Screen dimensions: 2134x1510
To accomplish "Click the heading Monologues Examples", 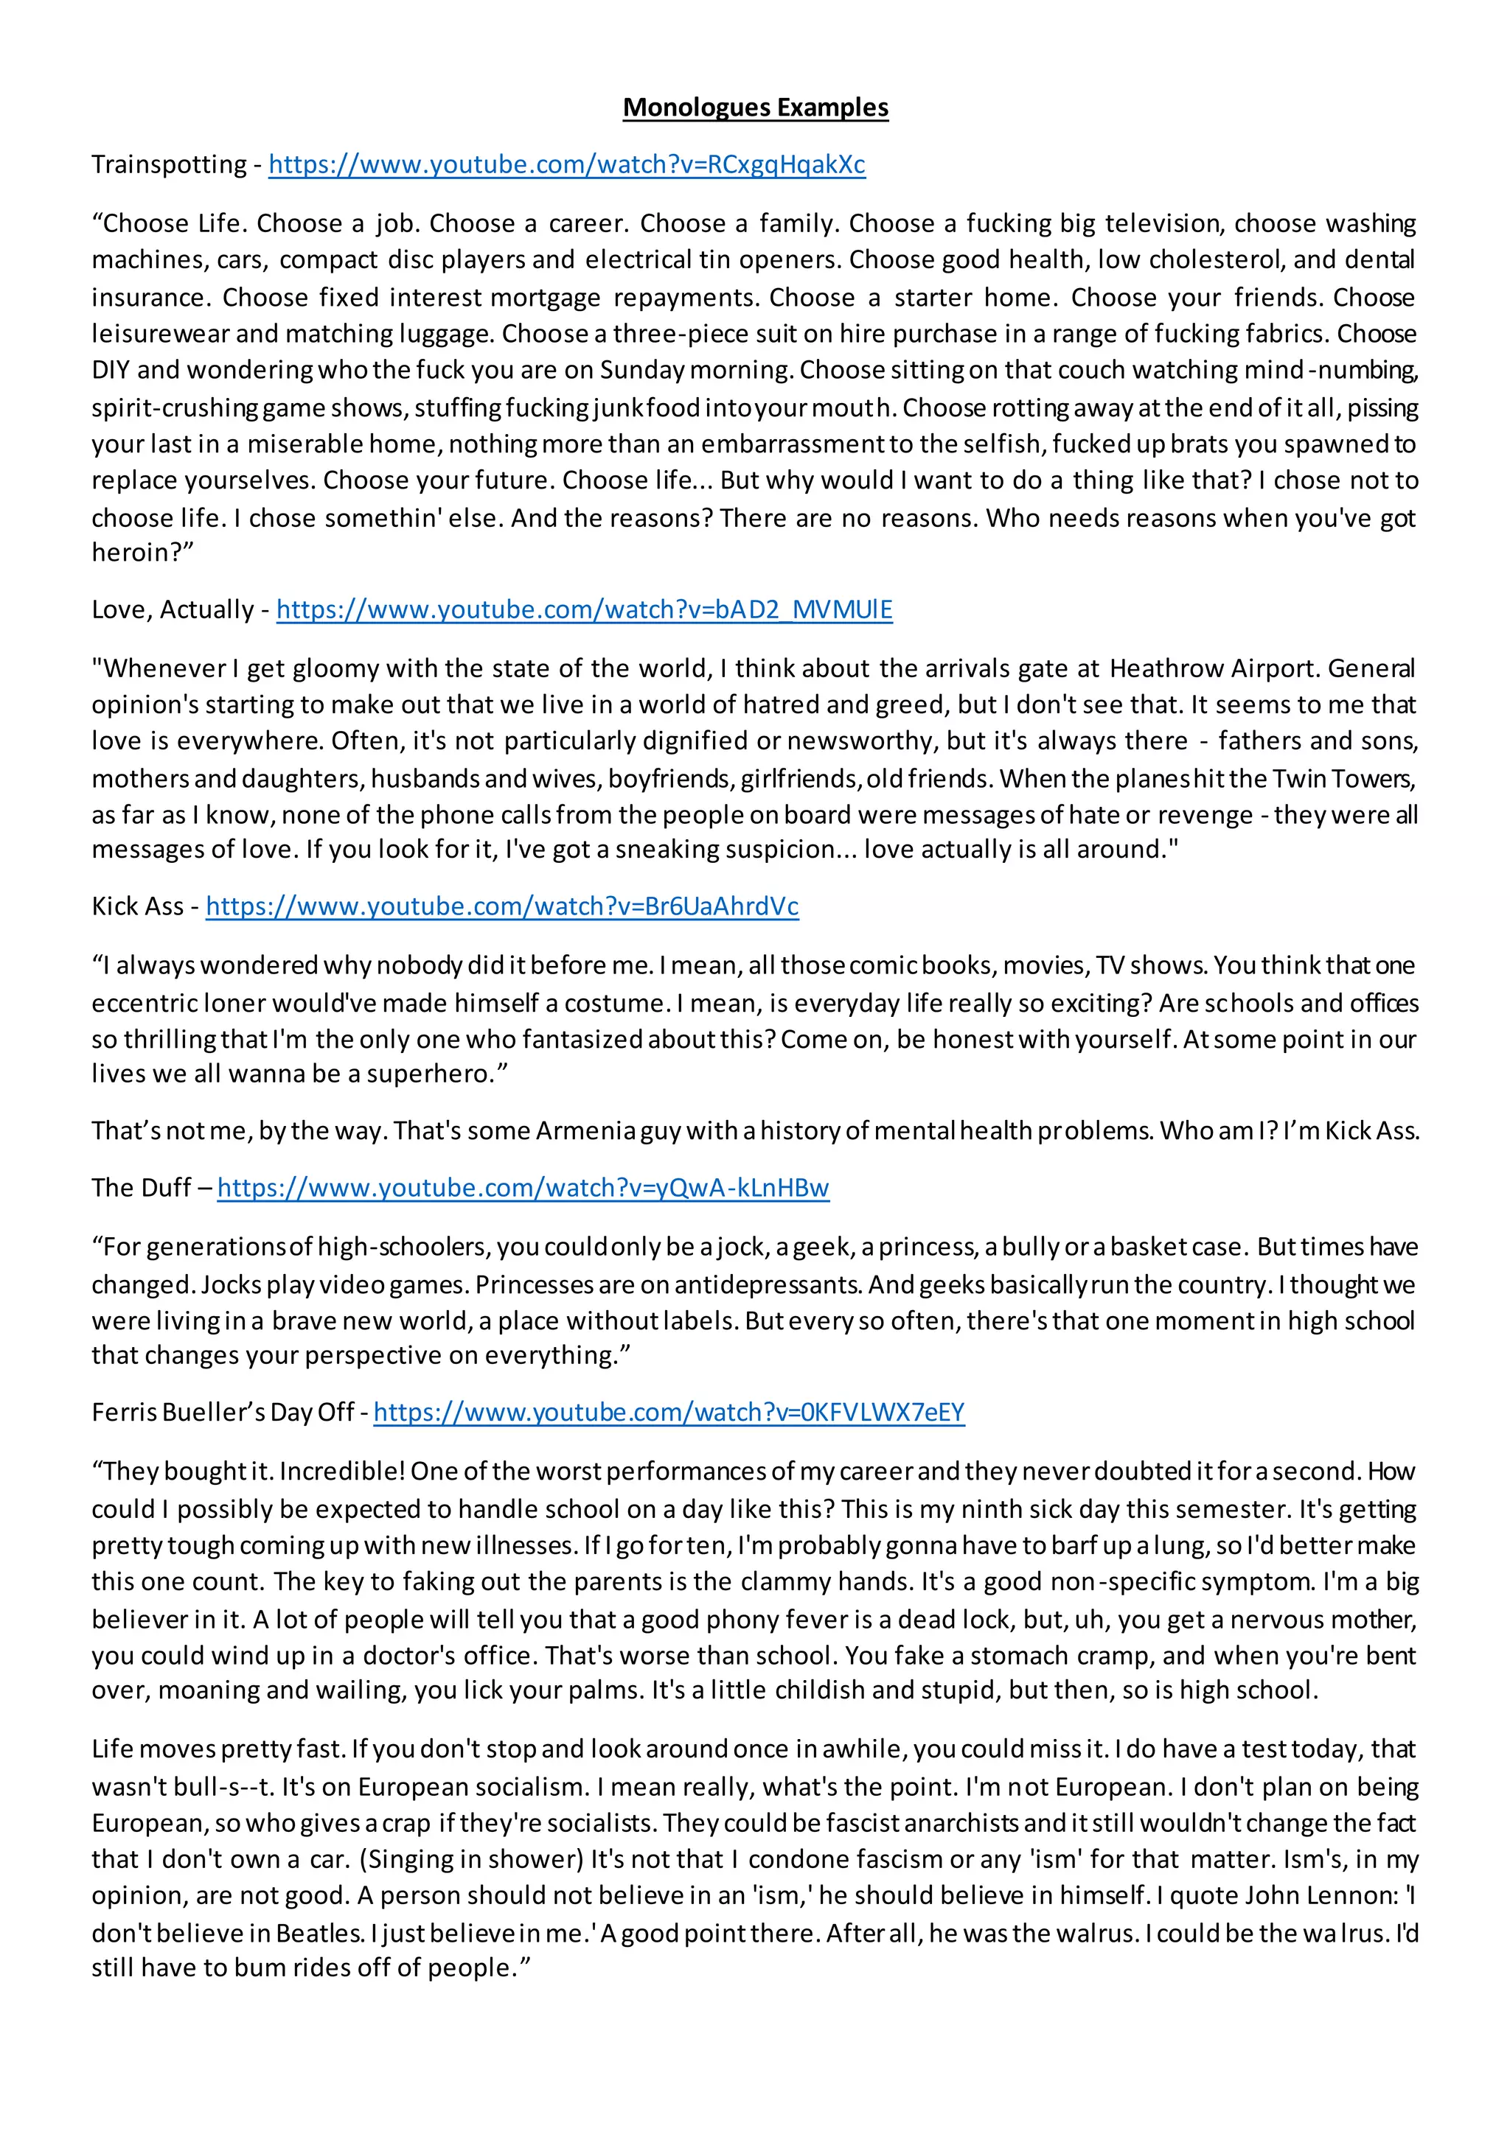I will click(x=755, y=108).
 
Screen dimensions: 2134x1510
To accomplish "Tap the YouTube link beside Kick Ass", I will click(x=502, y=906).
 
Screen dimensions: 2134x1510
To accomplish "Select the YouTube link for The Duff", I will click(x=523, y=1188).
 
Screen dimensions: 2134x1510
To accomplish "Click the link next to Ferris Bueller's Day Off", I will click(x=669, y=1413).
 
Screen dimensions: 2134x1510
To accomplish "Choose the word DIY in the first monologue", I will click(x=111, y=370).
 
